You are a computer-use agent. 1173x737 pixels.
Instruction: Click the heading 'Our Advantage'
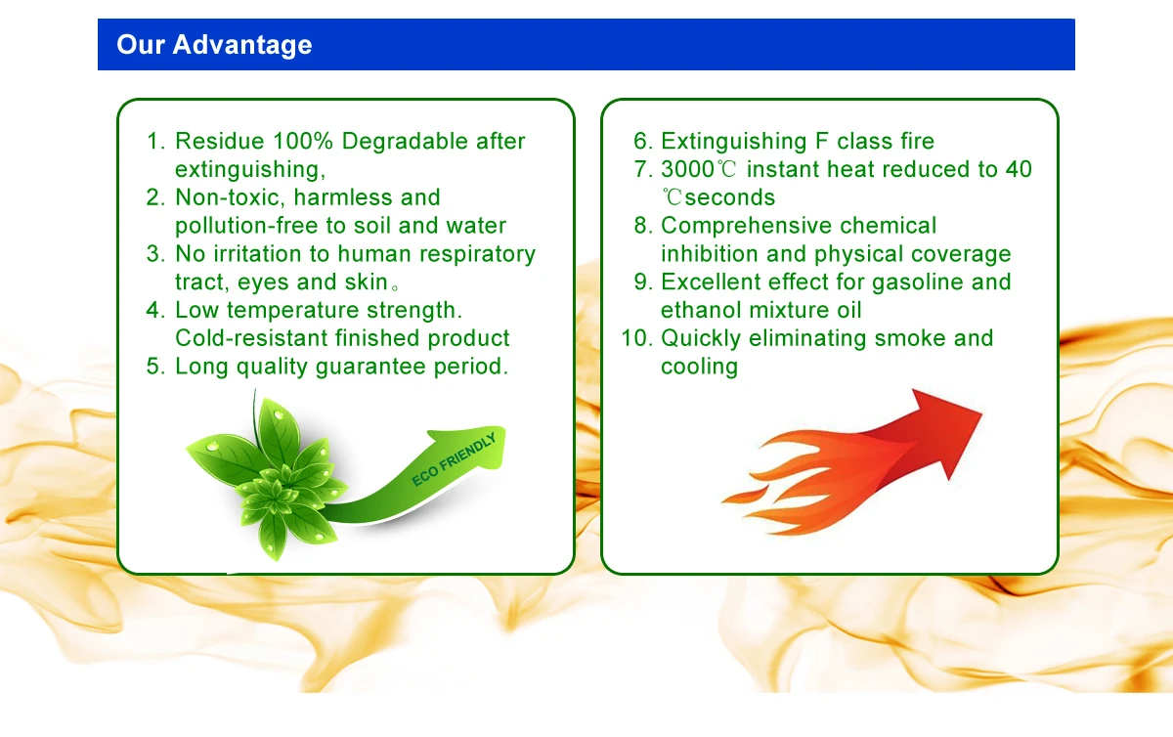[214, 45]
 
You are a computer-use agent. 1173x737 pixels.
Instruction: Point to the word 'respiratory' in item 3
[478, 254]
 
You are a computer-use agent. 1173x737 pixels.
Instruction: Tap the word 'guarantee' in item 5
[370, 367]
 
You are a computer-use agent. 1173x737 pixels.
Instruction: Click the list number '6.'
[643, 141]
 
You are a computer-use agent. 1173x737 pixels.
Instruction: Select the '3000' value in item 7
[687, 169]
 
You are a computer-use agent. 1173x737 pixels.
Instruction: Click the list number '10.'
[637, 338]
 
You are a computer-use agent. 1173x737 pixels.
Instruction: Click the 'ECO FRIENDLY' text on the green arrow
[454, 459]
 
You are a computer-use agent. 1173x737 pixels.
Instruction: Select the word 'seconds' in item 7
[729, 198]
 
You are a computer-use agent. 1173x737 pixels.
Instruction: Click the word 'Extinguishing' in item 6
[734, 142]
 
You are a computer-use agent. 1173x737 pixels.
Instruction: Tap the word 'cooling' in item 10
[699, 367]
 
